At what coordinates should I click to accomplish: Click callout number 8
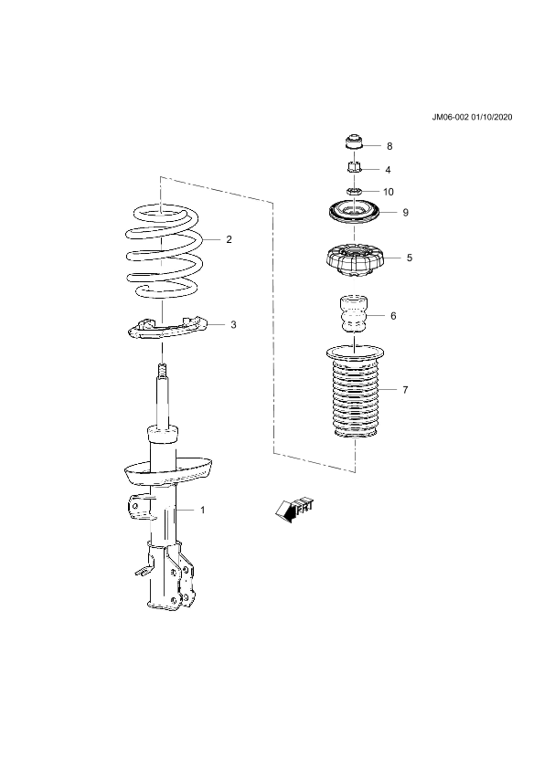[x=389, y=146]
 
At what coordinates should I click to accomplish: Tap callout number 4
[x=388, y=170]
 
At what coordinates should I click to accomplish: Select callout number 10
[x=389, y=192]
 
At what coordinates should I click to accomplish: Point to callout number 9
[x=406, y=213]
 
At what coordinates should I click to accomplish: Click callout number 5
[x=410, y=258]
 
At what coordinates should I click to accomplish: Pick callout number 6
[x=393, y=316]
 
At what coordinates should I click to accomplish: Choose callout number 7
[x=405, y=390]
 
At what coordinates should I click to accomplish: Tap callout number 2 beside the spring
[x=229, y=239]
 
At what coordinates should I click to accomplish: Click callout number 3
[x=233, y=324]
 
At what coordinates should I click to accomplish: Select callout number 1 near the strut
[x=203, y=510]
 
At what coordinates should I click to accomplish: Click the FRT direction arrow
[x=294, y=510]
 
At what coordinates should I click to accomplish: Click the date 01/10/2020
[x=492, y=117]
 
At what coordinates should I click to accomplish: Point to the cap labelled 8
[x=354, y=142]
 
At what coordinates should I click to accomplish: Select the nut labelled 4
[x=354, y=167]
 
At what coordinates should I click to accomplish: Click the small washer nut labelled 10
[x=354, y=190]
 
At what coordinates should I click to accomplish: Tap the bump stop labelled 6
[x=354, y=314]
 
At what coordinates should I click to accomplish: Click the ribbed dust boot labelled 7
[x=355, y=394]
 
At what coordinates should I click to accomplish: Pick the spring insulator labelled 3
[x=168, y=328]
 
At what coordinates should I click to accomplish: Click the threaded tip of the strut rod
[x=162, y=369]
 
